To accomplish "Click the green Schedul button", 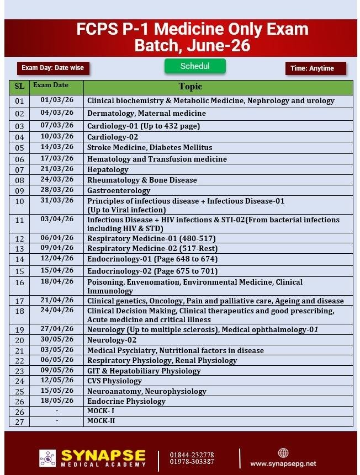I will coord(195,66).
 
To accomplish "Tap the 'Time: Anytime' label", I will coord(315,68).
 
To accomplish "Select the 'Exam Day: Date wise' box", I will coord(53,68).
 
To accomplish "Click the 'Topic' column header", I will coord(190,87).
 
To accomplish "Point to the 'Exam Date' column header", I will coord(51,86).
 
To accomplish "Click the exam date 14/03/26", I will coord(57,147).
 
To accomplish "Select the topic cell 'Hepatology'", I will coord(108,169).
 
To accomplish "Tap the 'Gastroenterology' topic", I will coord(119,190).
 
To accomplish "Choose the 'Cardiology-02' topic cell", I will coord(113,137).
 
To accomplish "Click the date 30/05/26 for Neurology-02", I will coord(57,340).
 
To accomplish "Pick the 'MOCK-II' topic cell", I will coord(101,421).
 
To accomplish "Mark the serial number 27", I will coord(19,422).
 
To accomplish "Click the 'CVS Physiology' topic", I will coord(114,381).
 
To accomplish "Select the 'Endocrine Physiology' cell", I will coord(126,401).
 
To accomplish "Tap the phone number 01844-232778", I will coord(192,455).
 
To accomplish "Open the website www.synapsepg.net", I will coord(283,464).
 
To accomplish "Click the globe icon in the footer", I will coord(283,453).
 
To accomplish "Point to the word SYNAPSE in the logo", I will coord(103,456).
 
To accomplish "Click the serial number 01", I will coord(19,102).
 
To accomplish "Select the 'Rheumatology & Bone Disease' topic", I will coord(142,180).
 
